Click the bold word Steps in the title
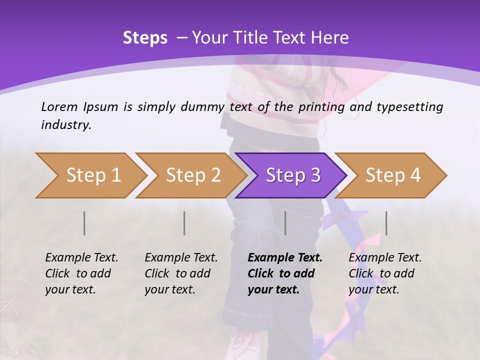coord(145,38)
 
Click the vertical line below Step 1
coord(84,223)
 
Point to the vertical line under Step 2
coord(184,223)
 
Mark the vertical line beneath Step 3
coord(285,223)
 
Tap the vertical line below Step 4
coord(386,223)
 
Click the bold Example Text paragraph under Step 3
coord(285,273)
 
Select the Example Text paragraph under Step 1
coord(81,273)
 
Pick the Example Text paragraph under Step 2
coord(181,273)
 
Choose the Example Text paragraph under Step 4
coord(385,273)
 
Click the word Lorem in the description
coord(59,106)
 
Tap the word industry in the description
coord(66,125)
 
